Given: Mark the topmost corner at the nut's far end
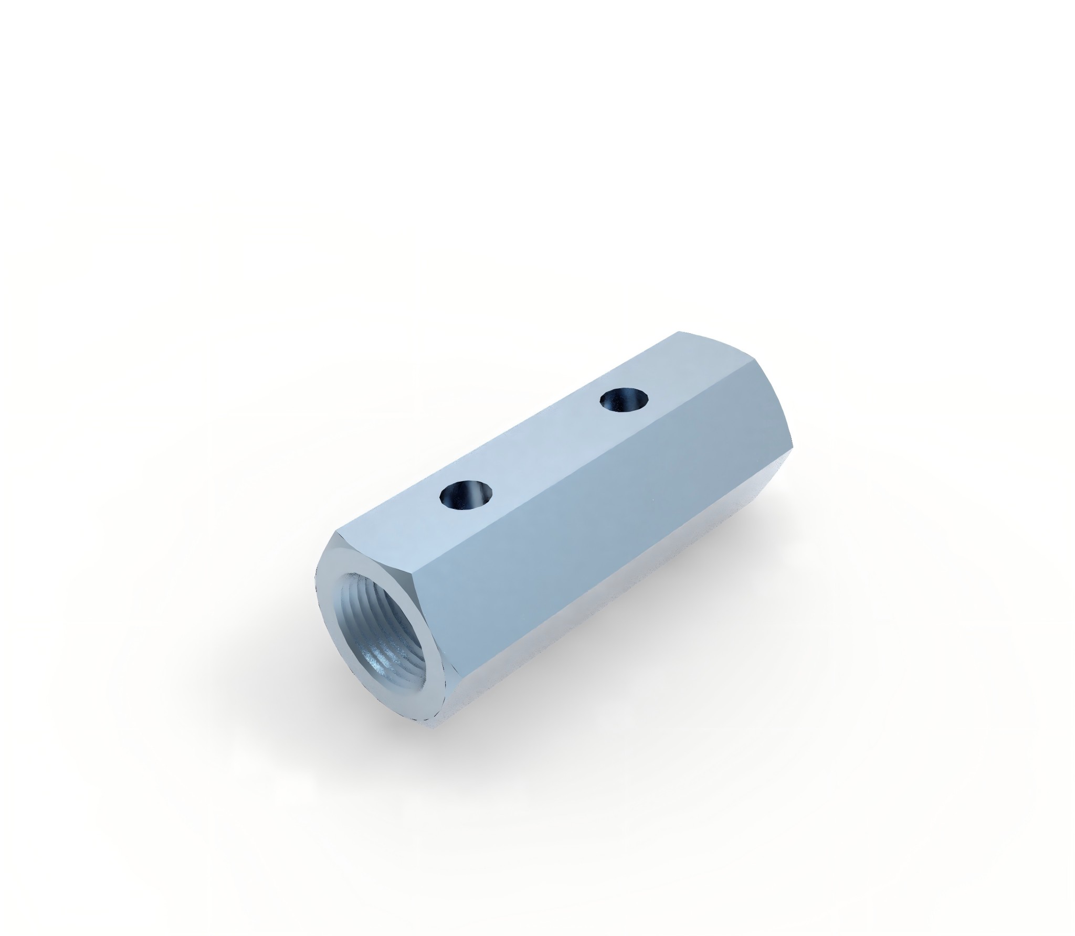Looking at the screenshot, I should click(678, 332).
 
